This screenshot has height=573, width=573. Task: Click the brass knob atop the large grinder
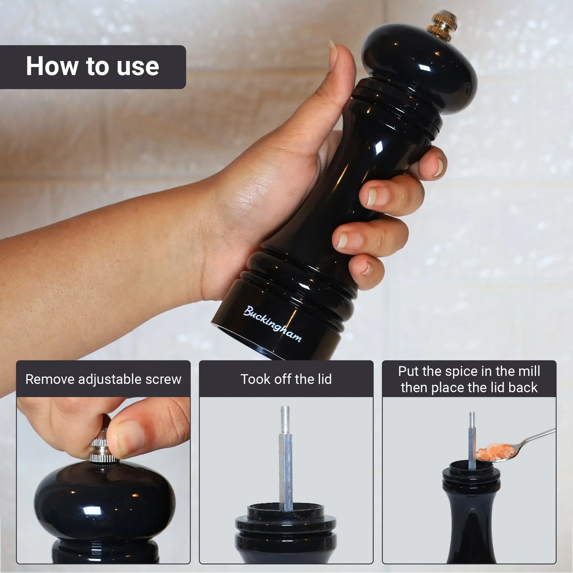(x=442, y=26)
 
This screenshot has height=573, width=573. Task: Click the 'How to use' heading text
(x=92, y=66)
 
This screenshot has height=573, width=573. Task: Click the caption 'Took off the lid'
(x=286, y=379)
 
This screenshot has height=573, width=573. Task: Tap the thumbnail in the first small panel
(x=130, y=435)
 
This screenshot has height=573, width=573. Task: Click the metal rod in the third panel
(x=472, y=441)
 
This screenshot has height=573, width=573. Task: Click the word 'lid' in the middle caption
(x=324, y=379)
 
